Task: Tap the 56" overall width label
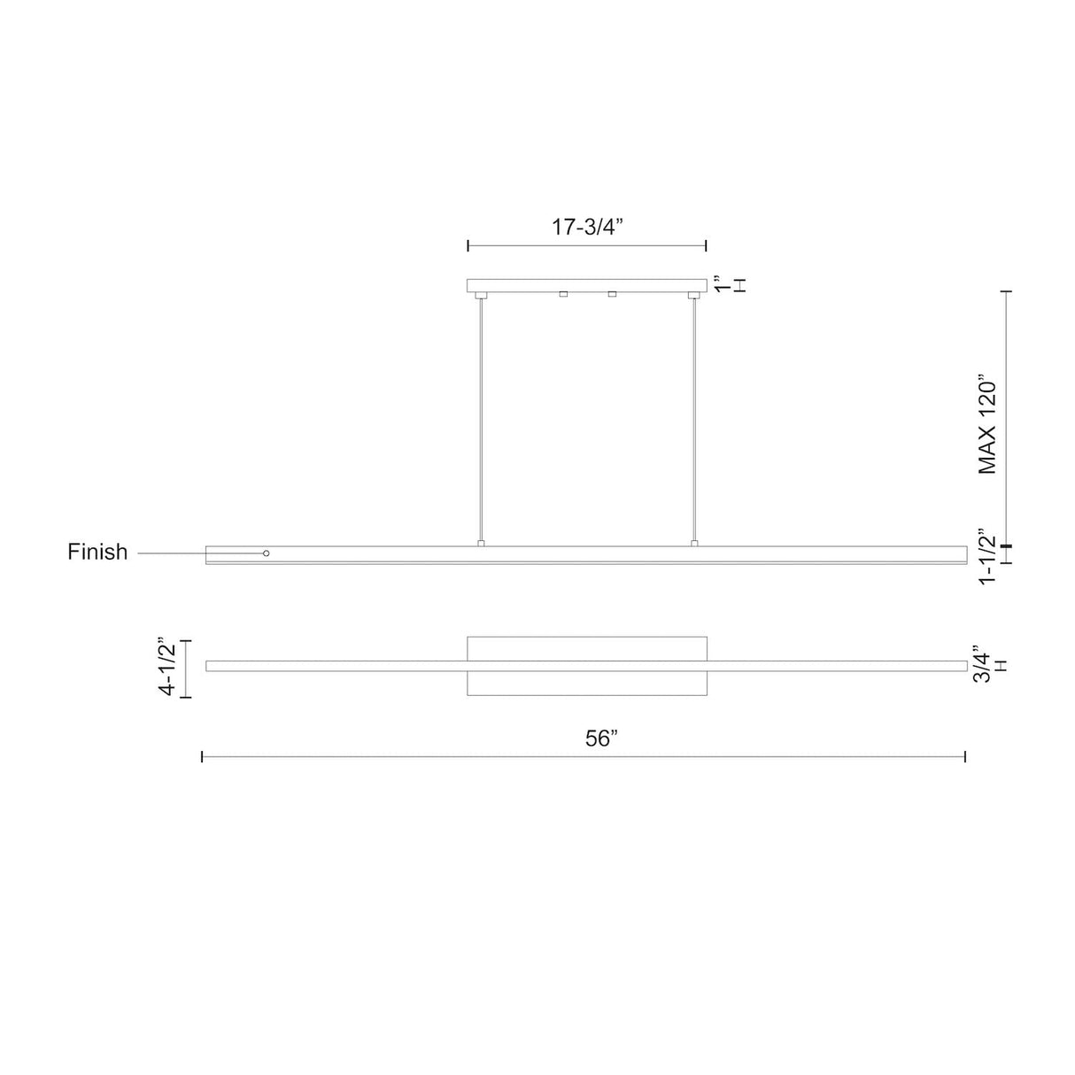(x=600, y=739)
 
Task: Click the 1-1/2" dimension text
(x=988, y=555)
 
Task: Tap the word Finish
(x=97, y=553)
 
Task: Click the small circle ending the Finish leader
(x=267, y=553)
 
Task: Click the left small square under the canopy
(x=563, y=294)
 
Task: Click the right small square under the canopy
(x=612, y=294)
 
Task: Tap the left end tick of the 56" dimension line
(x=203, y=756)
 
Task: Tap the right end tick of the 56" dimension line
(x=964, y=756)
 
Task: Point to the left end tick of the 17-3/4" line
(x=468, y=245)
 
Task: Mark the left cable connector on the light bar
(x=481, y=543)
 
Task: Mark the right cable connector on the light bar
(x=694, y=543)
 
